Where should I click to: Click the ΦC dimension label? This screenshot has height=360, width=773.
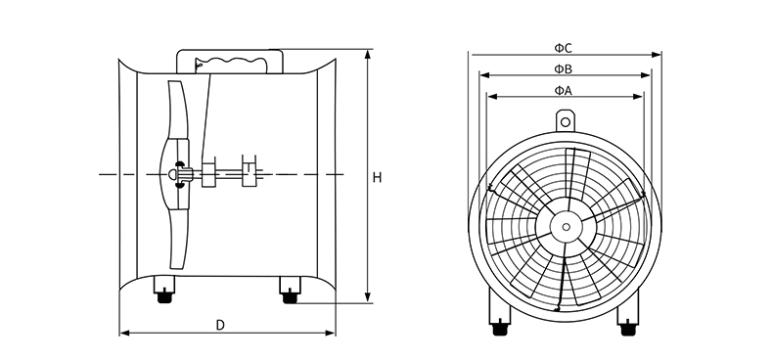[x=563, y=48]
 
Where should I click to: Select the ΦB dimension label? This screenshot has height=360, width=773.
[x=563, y=69]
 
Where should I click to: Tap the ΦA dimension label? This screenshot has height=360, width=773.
[x=563, y=90]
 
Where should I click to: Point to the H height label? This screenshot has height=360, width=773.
[x=377, y=177]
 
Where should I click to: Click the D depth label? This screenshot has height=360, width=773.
[x=220, y=325]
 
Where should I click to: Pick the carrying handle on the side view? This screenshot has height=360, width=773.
[x=230, y=61]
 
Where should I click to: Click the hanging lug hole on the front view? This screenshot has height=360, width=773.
[x=566, y=121]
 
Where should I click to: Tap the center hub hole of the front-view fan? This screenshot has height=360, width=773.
[x=566, y=227]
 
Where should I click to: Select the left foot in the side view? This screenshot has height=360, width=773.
[x=164, y=289]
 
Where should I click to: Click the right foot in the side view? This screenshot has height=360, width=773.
[x=290, y=290]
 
